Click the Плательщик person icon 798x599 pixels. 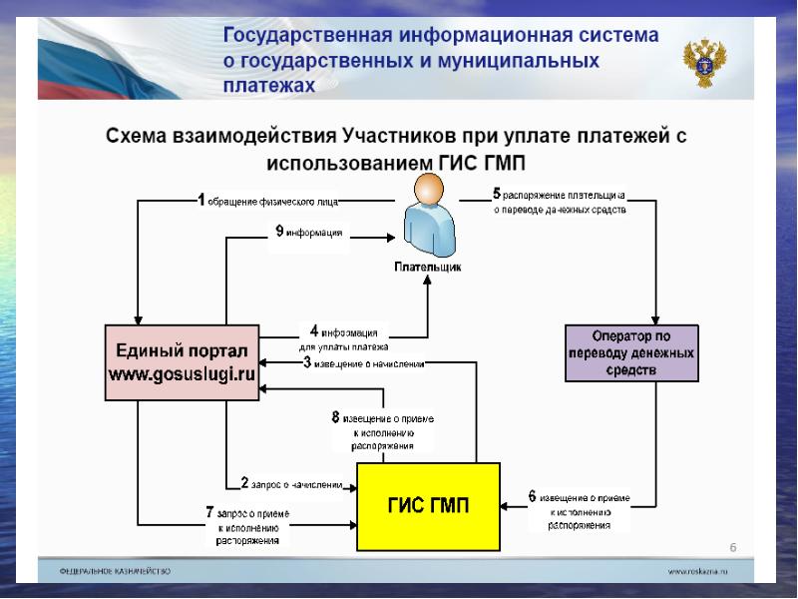click(x=428, y=215)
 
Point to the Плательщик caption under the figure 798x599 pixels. click(x=427, y=268)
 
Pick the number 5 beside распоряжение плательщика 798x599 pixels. click(x=497, y=194)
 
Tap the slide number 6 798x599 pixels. click(x=733, y=547)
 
